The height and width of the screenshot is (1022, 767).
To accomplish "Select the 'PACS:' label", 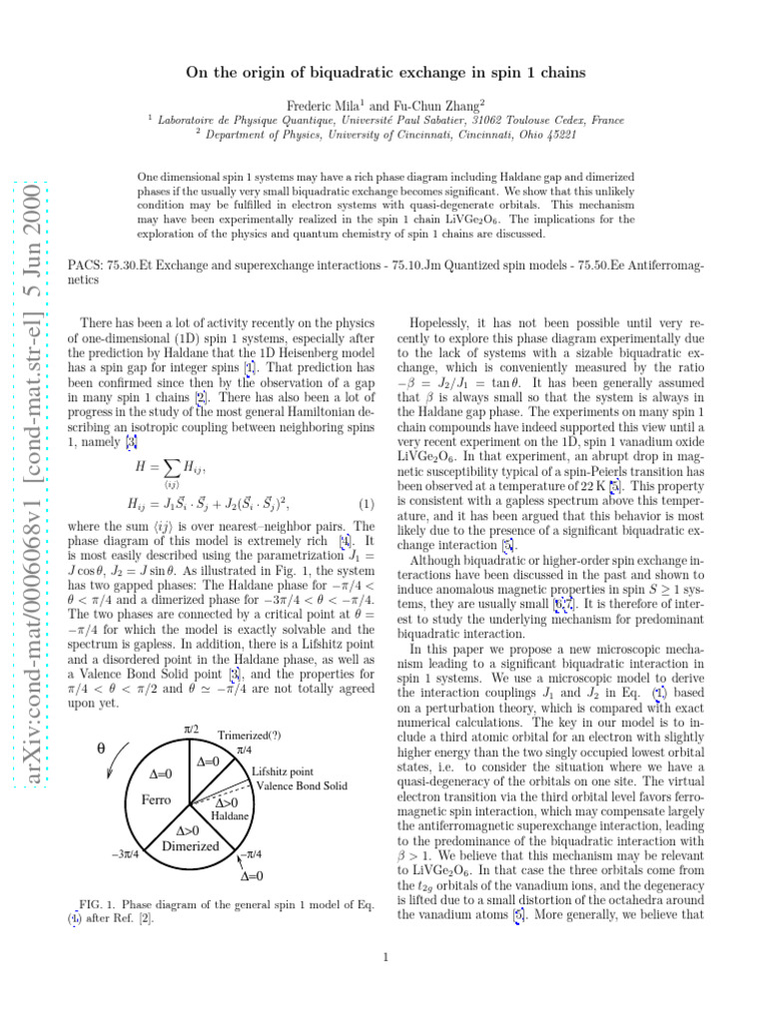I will (81, 266).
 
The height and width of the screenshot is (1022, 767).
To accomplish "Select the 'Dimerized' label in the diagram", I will (190, 846).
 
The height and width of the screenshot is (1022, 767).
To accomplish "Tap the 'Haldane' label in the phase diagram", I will (230, 816).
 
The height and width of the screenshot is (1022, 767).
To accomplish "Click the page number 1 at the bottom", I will (384, 960).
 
